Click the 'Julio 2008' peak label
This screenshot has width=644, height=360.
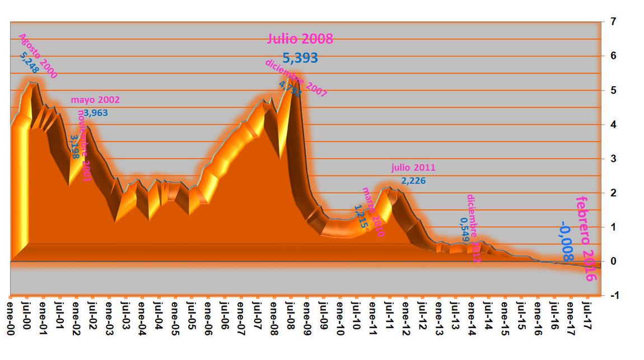300,39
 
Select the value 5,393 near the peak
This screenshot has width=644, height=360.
300,57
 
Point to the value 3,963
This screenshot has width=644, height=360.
96,113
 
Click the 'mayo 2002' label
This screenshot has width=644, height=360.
95,100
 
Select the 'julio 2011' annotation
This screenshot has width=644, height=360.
413,167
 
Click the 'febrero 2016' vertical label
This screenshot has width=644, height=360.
586,239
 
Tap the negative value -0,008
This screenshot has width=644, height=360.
566,241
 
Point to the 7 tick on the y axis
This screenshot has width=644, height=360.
614,22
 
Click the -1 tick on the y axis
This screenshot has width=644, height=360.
614,296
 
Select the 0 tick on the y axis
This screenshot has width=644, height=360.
614,261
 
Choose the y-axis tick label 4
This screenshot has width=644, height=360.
614,125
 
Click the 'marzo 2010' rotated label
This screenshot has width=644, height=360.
374,212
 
